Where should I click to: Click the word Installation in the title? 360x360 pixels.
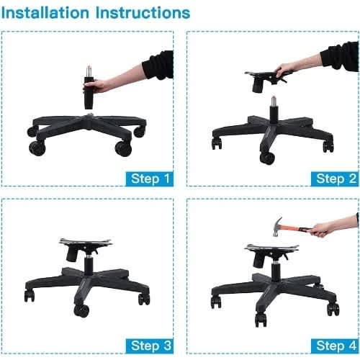coord(45,13)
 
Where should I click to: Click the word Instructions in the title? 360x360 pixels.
coord(143,13)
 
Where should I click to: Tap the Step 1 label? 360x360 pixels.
coord(150,179)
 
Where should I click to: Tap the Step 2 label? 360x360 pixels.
coord(335,179)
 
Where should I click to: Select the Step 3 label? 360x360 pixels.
coord(150,346)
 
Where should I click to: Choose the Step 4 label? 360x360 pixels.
coord(335,346)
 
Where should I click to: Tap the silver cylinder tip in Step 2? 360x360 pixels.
coord(274,102)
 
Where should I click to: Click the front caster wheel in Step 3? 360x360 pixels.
coord(81,311)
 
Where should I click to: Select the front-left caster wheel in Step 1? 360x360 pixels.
coord(37,148)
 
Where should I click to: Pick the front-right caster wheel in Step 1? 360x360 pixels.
coord(123,148)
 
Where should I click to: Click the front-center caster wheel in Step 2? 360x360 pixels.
coord(267,158)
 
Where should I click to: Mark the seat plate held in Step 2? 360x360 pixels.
coord(266,77)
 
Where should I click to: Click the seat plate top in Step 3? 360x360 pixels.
coord(86,241)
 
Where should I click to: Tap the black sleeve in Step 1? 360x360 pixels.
coord(89,93)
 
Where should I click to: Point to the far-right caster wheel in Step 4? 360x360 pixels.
coord(333,310)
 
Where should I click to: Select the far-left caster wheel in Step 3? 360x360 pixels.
coord(30,296)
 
